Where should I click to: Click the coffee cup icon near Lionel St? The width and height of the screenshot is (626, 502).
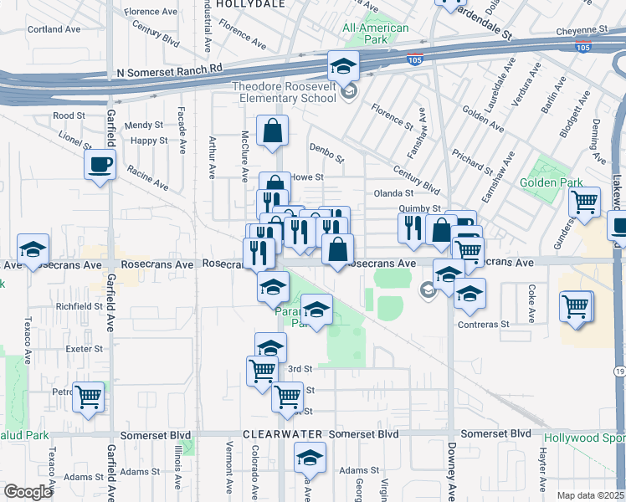point(100,163)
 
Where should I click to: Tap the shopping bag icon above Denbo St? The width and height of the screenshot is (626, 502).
point(273,131)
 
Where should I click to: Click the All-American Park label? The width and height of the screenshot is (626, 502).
point(376,34)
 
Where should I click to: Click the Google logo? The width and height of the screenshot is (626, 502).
point(28,492)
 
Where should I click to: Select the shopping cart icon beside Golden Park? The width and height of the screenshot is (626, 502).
point(584,202)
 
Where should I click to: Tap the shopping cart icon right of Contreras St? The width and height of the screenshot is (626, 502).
point(577,306)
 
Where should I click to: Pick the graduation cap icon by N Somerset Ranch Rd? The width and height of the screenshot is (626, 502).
point(341,65)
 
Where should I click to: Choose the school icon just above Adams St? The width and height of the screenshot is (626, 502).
point(310,457)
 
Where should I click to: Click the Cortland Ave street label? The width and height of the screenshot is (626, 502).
point(54,29)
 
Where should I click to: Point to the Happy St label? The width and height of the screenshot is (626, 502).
point(149,141)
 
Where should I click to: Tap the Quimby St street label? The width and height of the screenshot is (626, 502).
point(419,208)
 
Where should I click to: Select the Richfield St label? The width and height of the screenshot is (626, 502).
point(79,307)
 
